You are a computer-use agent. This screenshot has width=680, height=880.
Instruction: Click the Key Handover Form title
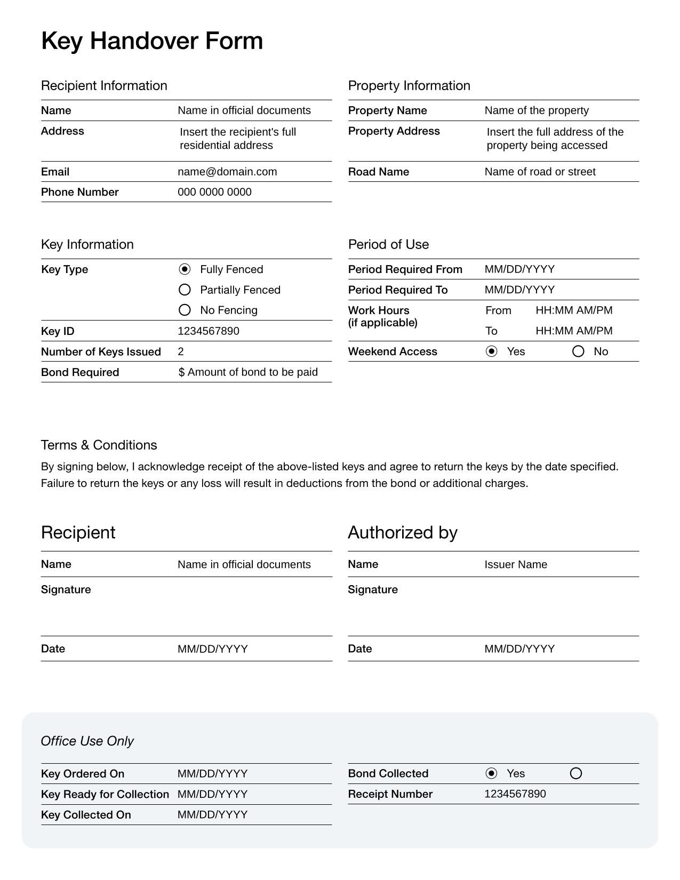(x=152, y=41)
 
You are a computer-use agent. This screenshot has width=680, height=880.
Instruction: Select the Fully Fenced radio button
(x=185, y=269)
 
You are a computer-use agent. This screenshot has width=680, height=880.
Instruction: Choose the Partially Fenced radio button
(x=185, y=290)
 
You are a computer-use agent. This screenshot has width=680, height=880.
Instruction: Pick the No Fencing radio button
(x=185, y=310)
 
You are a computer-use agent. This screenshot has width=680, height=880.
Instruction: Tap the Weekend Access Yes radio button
(x=492, y=351)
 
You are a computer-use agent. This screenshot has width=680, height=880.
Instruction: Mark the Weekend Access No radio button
(x=578, y=351)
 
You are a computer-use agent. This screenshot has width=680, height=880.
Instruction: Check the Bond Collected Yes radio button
(x=492, y=773)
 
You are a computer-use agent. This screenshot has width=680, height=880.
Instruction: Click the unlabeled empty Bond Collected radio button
(x=576, y=773)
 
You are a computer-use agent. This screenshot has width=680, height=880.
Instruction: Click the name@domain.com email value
(x=227, y=172)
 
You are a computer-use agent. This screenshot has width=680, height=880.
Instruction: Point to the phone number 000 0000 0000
(x=214, y=192)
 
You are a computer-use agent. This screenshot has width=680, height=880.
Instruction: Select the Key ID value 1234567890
(x=209, y=331)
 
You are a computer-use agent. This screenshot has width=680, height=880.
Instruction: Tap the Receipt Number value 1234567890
(x=515, y=794)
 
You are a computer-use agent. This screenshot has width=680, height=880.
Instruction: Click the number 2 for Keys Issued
(x=181, y=351)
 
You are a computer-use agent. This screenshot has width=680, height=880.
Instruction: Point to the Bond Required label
(x=80, y=372)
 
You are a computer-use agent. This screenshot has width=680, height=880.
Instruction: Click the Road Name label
(x=379, y=172)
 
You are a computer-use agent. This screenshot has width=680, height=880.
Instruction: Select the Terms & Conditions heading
(x=99, y=445)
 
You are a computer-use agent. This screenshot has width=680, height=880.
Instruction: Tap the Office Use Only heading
(x=87, y=741)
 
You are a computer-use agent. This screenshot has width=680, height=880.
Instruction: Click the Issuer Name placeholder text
(x=516, y=565)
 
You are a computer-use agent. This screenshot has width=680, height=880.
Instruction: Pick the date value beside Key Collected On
(x=213, y=814)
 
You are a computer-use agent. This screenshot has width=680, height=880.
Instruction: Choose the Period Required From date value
(x=519, y=269)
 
